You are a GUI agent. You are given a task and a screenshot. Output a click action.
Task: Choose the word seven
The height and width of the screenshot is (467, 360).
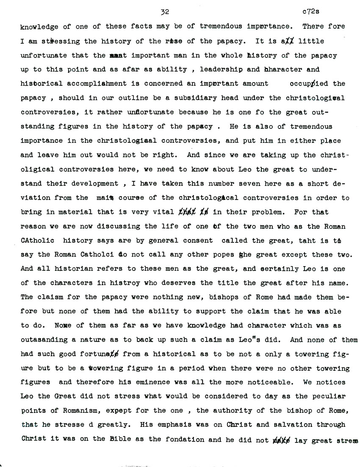[238, 184]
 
